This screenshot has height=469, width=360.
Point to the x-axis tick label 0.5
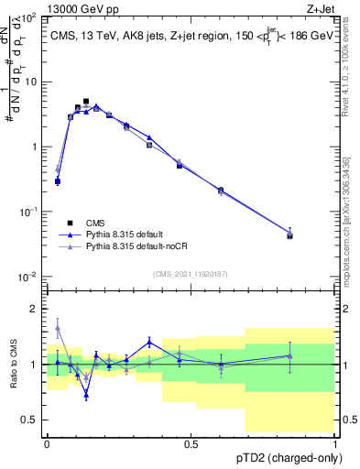coord(191,444)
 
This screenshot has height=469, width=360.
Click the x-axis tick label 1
coord(336,444)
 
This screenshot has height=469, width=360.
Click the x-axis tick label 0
coord(48,444)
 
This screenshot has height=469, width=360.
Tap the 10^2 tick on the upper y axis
coord(29,17)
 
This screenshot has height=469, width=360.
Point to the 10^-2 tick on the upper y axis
coord(29,277)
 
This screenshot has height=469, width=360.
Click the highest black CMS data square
coord(86,102)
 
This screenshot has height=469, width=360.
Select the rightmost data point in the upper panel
coord(290,235)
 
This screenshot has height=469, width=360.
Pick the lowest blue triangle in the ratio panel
coord(86,395)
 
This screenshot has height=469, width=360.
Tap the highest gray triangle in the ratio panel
coord(58,327)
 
